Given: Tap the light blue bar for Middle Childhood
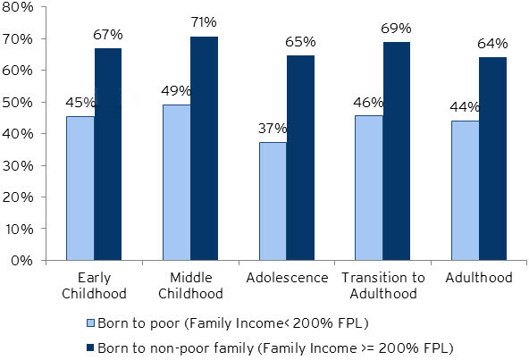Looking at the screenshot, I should point(176,182).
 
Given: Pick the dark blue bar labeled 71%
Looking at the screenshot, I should point(204,148).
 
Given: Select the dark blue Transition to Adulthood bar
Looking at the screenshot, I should point(397,152).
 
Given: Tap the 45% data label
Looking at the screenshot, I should point(80,100).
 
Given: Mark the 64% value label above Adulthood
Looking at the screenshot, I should point(492,44).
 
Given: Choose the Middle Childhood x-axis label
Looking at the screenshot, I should point(190,286).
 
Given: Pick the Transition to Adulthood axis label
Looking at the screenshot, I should point(382,286).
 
